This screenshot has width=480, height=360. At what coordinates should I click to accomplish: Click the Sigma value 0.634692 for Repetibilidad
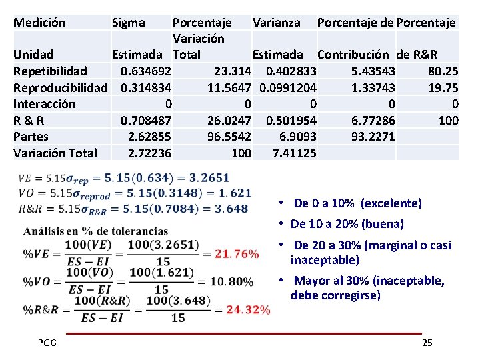pos(145,71)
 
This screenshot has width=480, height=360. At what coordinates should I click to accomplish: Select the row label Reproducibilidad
pos(60,87)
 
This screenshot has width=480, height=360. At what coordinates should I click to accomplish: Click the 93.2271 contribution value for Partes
pos(372,137)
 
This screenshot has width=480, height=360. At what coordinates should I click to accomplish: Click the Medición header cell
pos(39,23)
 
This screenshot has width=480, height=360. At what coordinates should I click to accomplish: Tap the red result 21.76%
pos(227,253)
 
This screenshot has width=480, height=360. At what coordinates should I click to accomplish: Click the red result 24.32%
pos(248,309)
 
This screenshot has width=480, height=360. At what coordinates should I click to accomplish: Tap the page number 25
pos(427,343)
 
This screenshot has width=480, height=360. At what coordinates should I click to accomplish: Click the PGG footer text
pos(47,343)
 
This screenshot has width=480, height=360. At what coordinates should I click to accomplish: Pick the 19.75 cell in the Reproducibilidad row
pos(442,87)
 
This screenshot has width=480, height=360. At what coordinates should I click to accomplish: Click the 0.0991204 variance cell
pos(287,87)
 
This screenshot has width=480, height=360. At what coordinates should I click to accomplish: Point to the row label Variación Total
pos(55,153)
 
